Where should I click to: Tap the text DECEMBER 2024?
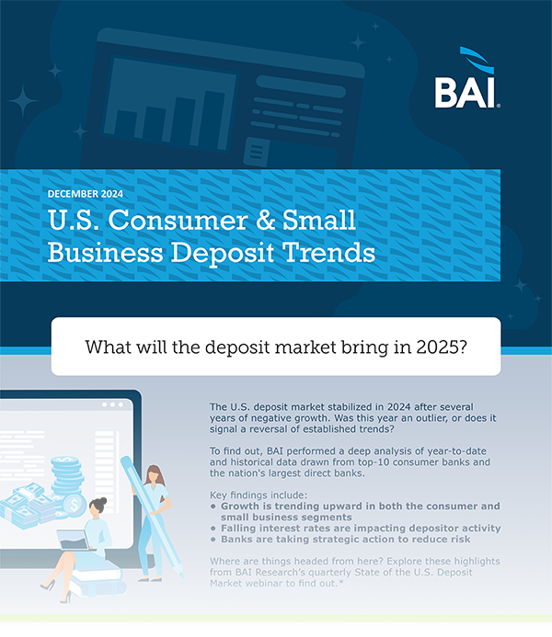[x=86, y=194]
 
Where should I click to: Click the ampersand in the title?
[x=265, y=221]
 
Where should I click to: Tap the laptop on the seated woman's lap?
[x=74, y=540]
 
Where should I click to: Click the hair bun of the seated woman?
[x=102, y=501]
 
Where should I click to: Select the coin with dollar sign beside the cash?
[x=75, y=505]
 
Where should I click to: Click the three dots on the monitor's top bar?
[x=112, y=404]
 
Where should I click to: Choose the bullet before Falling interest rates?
[x=213, y=529]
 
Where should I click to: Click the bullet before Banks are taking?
[x=213, y=540]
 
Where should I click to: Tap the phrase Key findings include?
[x=259, y=495]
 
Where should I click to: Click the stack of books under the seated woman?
[x=98, y=579]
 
